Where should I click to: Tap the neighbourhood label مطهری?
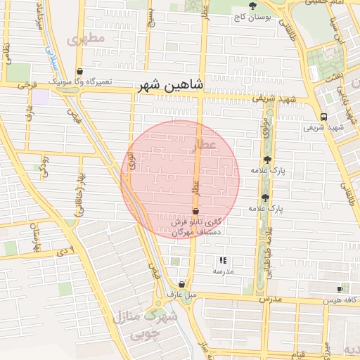[86, 39]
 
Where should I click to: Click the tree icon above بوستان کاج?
[252, 6]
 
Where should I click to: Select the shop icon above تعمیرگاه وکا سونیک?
[79, 72]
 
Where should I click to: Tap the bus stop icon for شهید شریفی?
[323, 117]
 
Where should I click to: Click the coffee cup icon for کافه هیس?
[340, 289]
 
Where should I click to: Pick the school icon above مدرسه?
[223, 260]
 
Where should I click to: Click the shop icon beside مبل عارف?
[182, 284]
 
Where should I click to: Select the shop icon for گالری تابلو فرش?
[195, 211]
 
